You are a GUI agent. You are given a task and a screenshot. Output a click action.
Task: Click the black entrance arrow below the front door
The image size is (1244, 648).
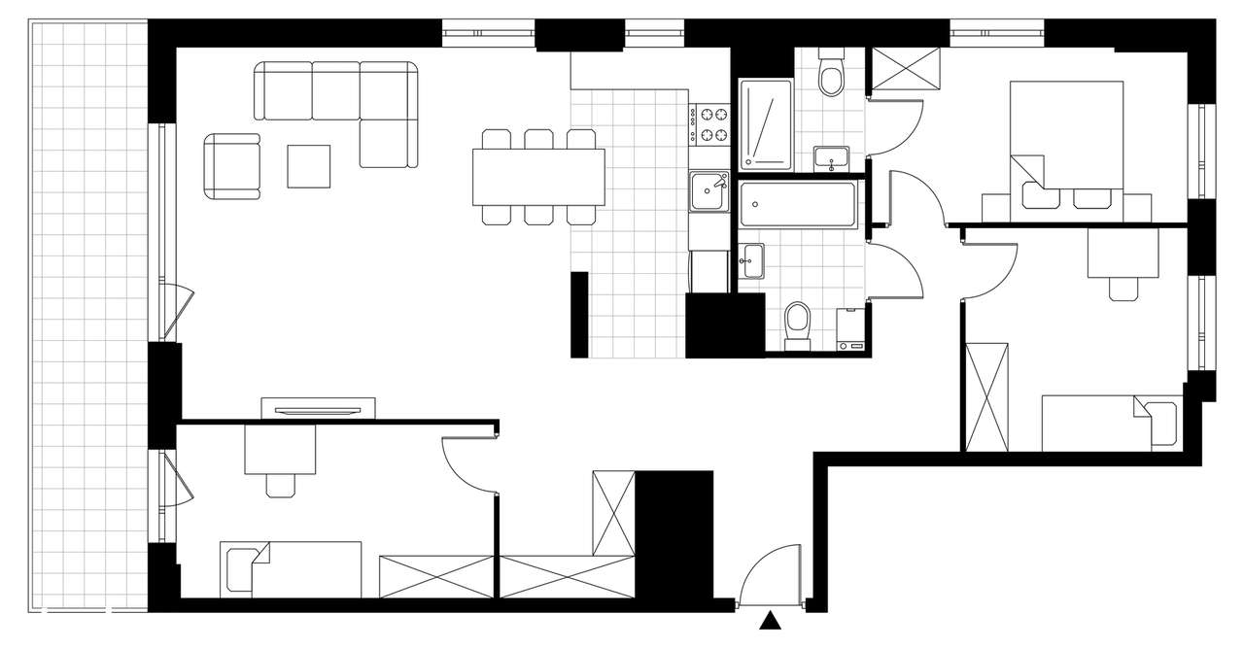772,621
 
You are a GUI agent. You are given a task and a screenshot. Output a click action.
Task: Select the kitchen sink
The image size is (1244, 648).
708,190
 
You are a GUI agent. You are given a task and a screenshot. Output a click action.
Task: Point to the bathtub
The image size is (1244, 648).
797,206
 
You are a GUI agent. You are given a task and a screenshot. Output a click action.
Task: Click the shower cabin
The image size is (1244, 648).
766,123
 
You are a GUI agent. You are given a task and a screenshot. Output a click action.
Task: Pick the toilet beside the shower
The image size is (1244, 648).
831,77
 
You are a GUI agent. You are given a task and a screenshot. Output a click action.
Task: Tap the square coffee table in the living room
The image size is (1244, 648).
308,165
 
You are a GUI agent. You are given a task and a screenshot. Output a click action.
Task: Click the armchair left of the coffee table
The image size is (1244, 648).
233,166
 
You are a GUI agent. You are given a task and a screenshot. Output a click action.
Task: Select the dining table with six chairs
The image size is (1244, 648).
538,177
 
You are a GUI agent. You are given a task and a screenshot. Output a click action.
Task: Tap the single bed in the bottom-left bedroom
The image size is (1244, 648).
291,569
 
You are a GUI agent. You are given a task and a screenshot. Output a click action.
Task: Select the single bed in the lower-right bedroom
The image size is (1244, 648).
1109,423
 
